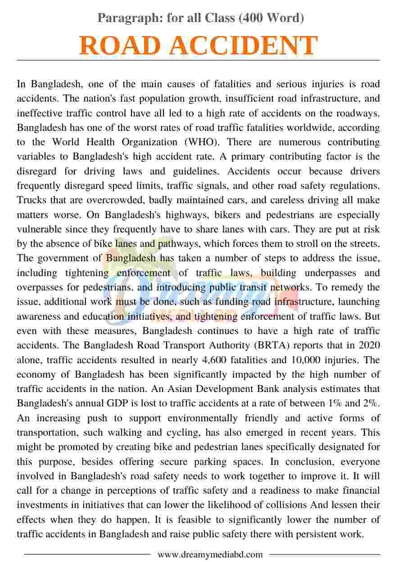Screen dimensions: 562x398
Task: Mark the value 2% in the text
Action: point(372,404)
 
